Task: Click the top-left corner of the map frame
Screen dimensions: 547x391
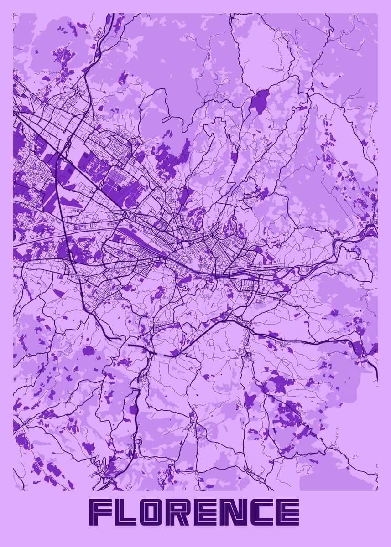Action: point(13,13)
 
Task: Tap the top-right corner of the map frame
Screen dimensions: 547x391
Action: point(378,13)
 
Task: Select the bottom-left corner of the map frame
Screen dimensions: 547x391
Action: point(13,490)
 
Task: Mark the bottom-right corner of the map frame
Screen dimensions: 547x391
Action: point(378,490)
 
